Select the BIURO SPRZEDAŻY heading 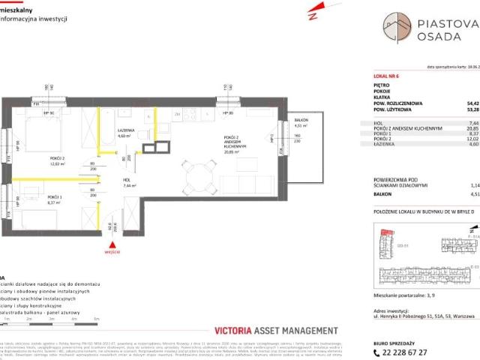(x=395, y=338)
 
